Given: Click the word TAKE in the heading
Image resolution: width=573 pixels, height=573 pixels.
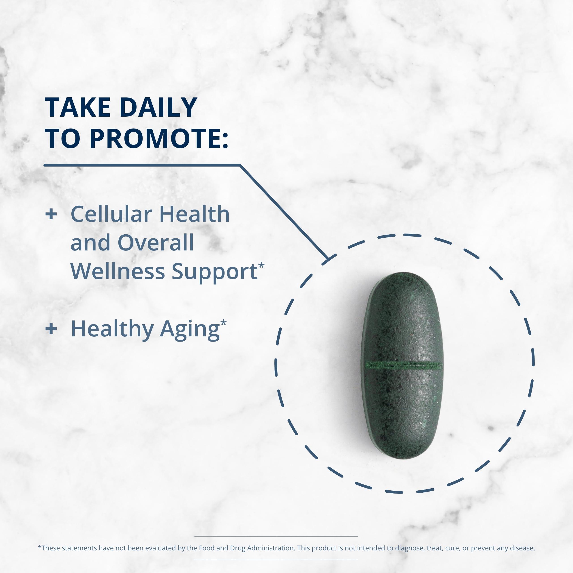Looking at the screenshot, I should pyautogui.click(x=78, y=107).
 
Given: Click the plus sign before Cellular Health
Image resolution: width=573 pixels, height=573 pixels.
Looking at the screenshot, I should pyautogui.click(x=51, y=214).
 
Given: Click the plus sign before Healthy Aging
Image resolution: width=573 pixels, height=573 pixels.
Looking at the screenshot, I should pyautogui.click(x=51, y=329).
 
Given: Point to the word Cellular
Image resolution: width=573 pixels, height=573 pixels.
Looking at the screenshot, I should pyautogui.click(x=111, y=214).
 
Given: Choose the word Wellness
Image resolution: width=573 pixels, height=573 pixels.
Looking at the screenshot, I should pyautogui.click(x=118, y=271).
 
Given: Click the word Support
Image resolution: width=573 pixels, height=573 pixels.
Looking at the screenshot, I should pyautogui.click(x=214, y=271).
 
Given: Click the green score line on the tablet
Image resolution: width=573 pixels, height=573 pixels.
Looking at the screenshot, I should pyautogui.click(x=404, y=365).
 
